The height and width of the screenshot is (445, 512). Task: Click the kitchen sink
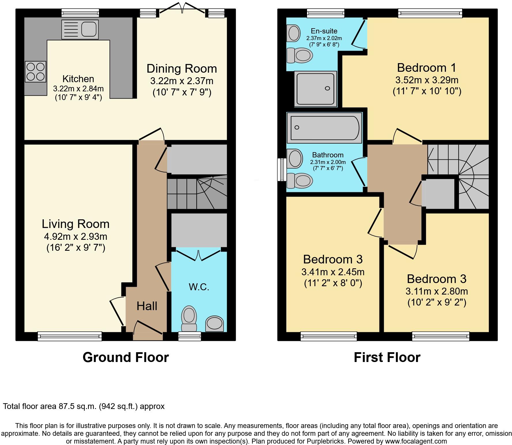tap(80, 29)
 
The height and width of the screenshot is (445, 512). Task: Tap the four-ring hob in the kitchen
tap(35, 71)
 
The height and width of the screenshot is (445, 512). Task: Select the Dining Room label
tap(182, 69)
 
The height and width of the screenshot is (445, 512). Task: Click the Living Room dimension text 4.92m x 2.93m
tap(76, 237)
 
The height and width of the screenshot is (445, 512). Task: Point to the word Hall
tap(147, 306)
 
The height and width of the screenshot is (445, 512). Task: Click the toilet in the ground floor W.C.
tap(189, 319)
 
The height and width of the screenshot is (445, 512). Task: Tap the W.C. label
tap(199, 287)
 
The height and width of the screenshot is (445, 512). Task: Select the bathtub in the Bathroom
tap(324, 127)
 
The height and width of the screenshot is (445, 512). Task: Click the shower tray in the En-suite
tap(316, 89)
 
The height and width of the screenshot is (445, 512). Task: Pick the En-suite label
tap(324, 31)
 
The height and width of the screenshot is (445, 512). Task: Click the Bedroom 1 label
tap(427, 68)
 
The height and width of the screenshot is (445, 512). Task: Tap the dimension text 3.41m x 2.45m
tap(333, 272)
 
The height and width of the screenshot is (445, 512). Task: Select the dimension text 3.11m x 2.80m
tap(436, 291)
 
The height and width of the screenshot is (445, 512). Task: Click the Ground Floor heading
tap(126, 357)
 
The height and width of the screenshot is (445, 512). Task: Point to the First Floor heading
tap(387, 357)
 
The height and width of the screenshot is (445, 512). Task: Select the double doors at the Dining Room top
tap(182, 8)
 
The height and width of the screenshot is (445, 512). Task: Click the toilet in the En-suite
tap(300, 55)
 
